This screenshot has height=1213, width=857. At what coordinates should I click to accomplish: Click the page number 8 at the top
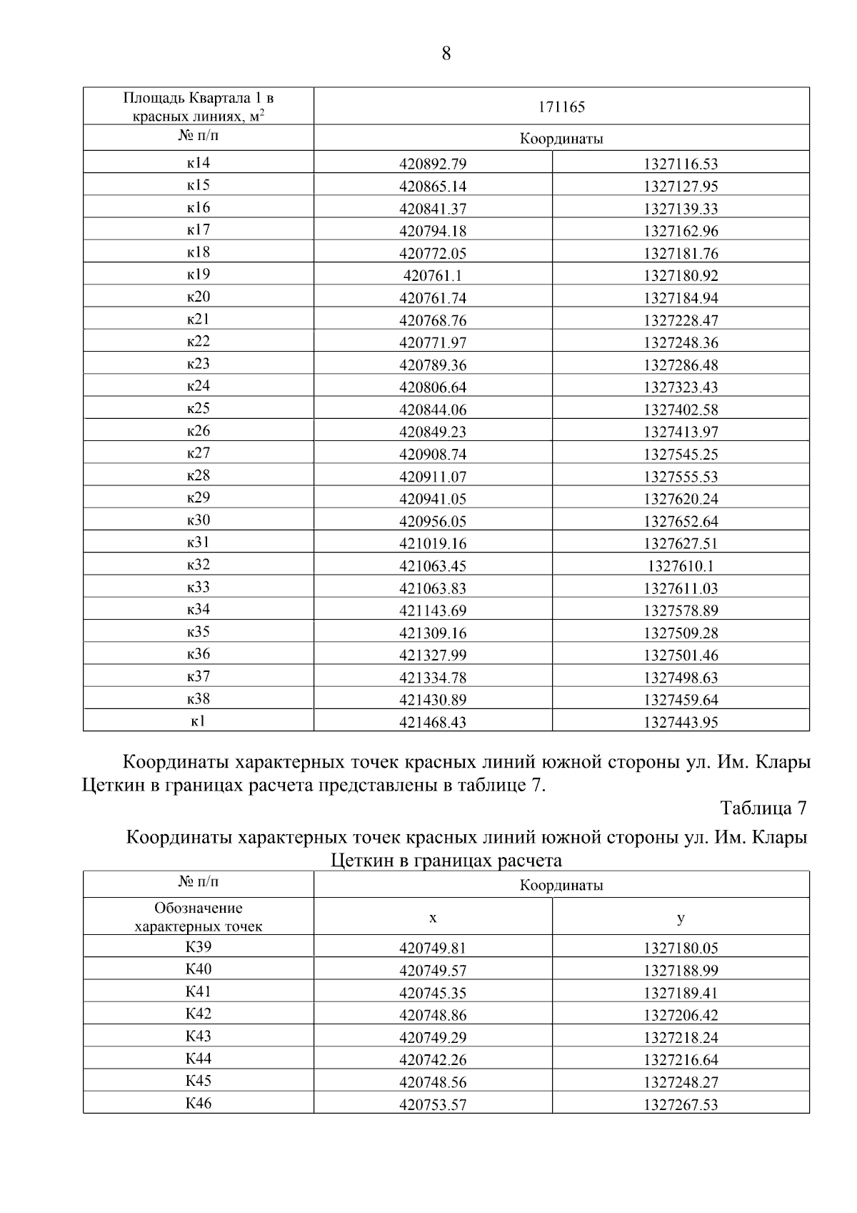446,54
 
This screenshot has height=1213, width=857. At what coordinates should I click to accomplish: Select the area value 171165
561,107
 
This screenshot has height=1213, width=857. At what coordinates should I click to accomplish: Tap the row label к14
199,163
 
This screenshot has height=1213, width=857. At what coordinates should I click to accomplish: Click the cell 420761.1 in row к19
433,275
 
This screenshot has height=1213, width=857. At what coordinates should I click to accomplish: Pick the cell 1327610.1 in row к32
680,566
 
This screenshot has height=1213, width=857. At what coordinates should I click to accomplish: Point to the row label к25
199,409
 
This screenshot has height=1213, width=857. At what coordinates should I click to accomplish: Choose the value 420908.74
433,455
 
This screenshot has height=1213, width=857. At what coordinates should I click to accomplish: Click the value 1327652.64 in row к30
680,521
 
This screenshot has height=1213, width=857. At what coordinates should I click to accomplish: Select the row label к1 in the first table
199,721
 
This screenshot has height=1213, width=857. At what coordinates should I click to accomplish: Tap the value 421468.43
433,722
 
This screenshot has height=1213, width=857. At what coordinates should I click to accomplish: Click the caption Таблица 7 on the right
763,808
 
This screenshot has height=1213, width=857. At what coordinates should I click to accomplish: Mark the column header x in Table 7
433,917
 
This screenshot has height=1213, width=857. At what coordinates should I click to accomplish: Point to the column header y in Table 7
680,917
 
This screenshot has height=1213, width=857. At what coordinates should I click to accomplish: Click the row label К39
199,947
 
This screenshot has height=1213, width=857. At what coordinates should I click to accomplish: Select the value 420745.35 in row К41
433,993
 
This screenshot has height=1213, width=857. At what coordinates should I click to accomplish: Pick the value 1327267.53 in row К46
680,1104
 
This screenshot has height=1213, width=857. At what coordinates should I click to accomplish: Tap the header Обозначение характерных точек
199,917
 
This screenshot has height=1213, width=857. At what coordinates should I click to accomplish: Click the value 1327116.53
680,164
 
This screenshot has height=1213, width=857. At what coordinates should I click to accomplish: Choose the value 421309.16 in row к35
433,633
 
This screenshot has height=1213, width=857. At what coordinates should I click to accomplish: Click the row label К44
199,1059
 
